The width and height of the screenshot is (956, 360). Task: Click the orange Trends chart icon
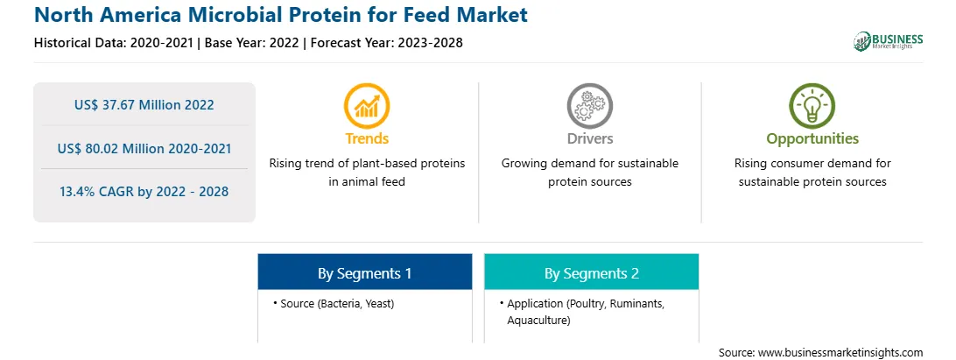click(367, 106)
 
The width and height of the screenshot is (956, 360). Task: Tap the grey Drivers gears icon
click(589, 106)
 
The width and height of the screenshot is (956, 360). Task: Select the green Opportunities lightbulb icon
click(812, 106)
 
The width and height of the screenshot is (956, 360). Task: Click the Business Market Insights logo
click(889, 41)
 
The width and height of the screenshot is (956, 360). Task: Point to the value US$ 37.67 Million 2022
click(144, 105)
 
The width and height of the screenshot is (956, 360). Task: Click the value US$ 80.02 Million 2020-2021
click(144, 148)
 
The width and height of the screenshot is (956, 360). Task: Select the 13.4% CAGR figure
click(144, 192)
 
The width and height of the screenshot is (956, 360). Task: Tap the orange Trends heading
click(367, 138)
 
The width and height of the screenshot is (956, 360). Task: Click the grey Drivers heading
click(589, 138)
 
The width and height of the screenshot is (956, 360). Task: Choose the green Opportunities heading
click(812, 139)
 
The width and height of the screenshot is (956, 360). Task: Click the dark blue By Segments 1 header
click(364, 272)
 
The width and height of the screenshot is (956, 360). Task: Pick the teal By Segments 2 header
click(592, 272)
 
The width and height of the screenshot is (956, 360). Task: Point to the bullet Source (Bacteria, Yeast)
click(334, 303)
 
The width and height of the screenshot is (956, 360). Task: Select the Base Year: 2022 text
click(252, 43)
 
